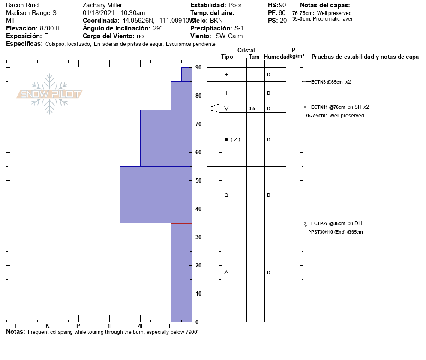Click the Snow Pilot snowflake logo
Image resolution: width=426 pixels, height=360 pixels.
pyautogui.click(x=50, y=94)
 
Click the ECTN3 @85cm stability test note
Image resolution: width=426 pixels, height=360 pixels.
pyautogui.click(x=327, y=82)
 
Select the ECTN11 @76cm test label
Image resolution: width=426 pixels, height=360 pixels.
pyautogui.click(x=328, y=107)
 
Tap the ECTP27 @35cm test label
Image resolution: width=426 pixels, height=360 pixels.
pyautogui.click(x=328, y=223)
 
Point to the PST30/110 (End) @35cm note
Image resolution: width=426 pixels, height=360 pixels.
pyautogui.click(x=337, y=232)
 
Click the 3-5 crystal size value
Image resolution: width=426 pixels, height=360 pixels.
pyautogui.click(x=252, y=109)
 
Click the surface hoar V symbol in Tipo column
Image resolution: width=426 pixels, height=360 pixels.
pyautogui.click(x=226, y=108)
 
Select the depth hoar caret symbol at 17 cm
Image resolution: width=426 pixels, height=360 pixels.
pyautogui.click(x=226, y=273)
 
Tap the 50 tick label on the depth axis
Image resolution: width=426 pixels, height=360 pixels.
pyautogui.click(x=198, y=181)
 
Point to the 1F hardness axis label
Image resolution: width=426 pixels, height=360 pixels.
pyautogui.click(x=110, y=326)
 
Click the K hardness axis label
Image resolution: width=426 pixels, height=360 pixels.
pyautogui.click(x=48, y=326)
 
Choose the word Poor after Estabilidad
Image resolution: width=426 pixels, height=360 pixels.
pyautogui.click(x=235, y=5)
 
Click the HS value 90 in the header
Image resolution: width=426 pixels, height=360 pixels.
pyautogui.click(x=282, y=5)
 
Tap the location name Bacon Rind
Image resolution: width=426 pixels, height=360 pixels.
pyautogui.click(x=22, y=5)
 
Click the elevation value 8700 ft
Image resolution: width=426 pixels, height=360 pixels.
pyautogui.click(x=49, y=28)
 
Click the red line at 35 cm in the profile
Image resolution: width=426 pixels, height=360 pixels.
pyautogui.click(x=181, y=224)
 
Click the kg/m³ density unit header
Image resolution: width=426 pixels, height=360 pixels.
pyautogui.click(x=297, y=56)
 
